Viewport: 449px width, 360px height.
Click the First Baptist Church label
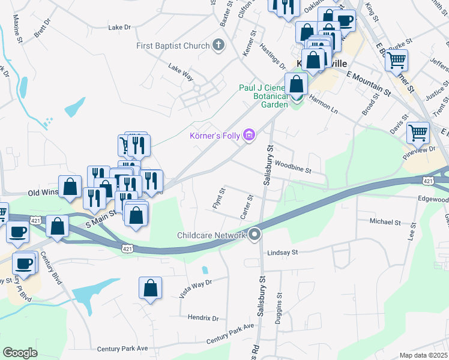point(172,46)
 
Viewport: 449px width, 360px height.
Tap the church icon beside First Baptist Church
point(218,46)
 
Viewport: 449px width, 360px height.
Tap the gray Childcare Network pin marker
point(255,235)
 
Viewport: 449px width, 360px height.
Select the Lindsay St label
point(283,253)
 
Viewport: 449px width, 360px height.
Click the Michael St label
point(385,222)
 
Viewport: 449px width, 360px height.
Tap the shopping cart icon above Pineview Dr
point(418,133)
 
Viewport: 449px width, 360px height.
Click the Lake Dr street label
point(119,27)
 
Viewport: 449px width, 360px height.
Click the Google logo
point(20,353)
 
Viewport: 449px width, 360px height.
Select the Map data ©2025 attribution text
point(423,355)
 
